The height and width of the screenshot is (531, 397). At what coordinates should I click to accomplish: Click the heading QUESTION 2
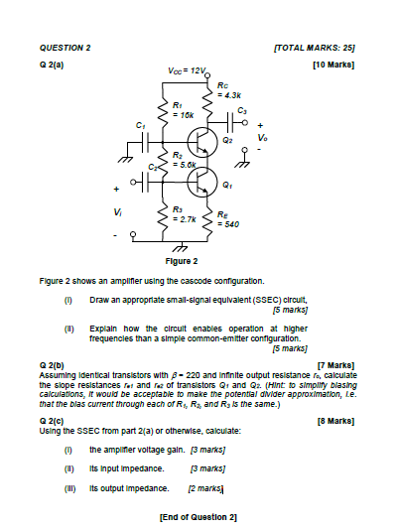(x=65, y=47)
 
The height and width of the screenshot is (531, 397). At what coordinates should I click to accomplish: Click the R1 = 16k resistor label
(x=182, y=109)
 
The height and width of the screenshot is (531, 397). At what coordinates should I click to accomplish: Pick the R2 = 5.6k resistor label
(x=182, y=159)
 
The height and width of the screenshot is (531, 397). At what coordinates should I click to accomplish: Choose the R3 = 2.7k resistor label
(x=182, y=211)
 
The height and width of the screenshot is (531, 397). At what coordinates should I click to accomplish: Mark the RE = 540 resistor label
(x=230, y=220)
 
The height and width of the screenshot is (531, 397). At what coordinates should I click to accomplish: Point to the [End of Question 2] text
(x=198, y=516)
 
